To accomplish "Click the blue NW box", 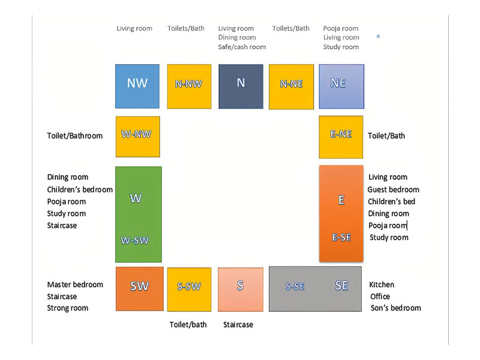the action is (x=137, y=86).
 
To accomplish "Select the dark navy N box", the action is (x=241, y=86).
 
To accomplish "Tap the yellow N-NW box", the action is (x=189, y=86).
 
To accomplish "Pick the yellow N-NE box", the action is (x=291, y=86).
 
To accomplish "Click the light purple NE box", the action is (x=341, y=86).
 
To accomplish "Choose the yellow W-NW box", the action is (x=138, y=137).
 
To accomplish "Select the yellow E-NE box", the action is (x=341, y=137).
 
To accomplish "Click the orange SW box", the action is (x=140, y=289).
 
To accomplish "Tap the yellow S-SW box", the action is (x=189, y=290).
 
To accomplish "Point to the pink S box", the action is (x=241, y=290).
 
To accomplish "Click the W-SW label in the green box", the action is (x=134, y=241).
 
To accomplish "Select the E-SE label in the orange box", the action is (x=341, y=237).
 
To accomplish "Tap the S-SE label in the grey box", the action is (x=295, y=286).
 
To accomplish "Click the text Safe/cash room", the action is (x=242, y=47).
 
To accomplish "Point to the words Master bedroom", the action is (x=75, y=284).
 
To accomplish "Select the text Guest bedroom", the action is (x=394, y=190).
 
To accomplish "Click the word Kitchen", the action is (x=382, y=284).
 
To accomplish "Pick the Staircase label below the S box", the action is (x=238, y=325).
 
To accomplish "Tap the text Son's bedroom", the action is (x=396, y=308).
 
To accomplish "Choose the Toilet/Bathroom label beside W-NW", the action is (x=74, y=136).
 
